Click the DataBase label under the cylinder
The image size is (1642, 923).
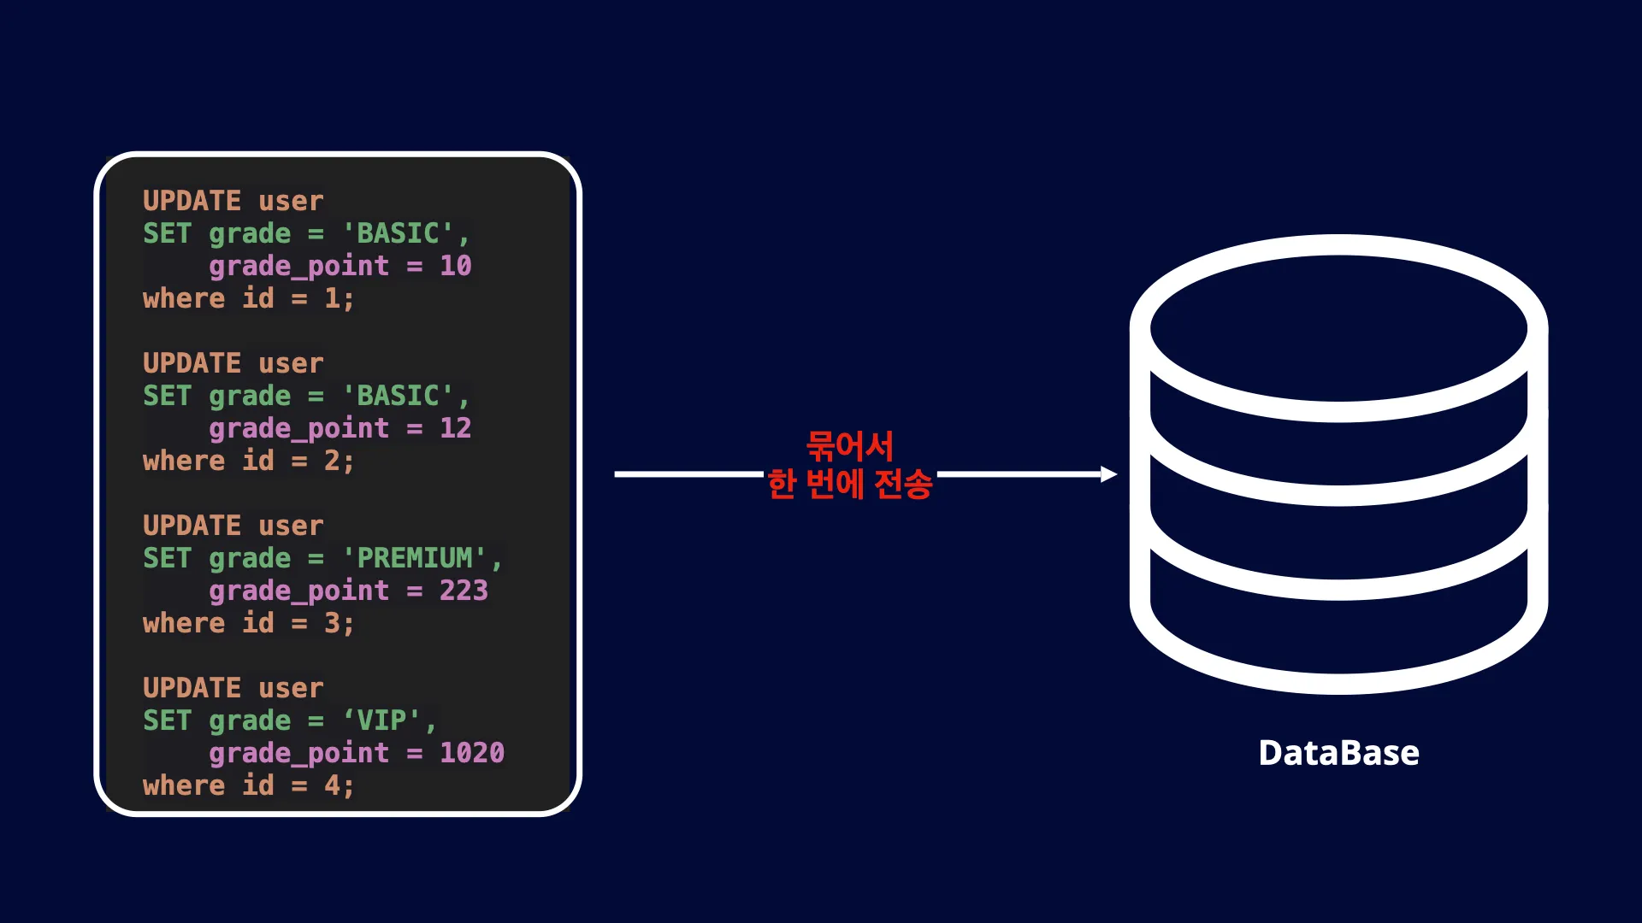(1338, 753)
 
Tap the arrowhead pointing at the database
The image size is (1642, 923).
(1109, 474)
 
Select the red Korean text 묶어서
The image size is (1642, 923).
(849, 445)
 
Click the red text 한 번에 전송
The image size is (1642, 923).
(850, 484)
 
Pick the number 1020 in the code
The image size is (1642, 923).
(472, 753)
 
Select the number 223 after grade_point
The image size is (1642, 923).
(464, 591)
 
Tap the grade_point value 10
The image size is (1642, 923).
(456, 266)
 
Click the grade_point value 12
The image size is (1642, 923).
(456, 428)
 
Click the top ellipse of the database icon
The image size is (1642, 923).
(1339, 329)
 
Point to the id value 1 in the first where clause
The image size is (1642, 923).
(332, 298)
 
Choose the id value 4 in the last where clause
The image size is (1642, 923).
(332, 785)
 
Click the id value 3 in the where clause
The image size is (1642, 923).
(332, 623)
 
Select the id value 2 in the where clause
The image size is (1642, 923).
(332, 461)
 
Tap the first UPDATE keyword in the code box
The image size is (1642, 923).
(192, 201)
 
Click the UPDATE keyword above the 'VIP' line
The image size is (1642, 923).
(192, 688)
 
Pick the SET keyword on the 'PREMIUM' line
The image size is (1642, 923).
(167, 558)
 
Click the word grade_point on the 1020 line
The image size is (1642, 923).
(298, 754)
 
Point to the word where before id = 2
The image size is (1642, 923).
(184, 461)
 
